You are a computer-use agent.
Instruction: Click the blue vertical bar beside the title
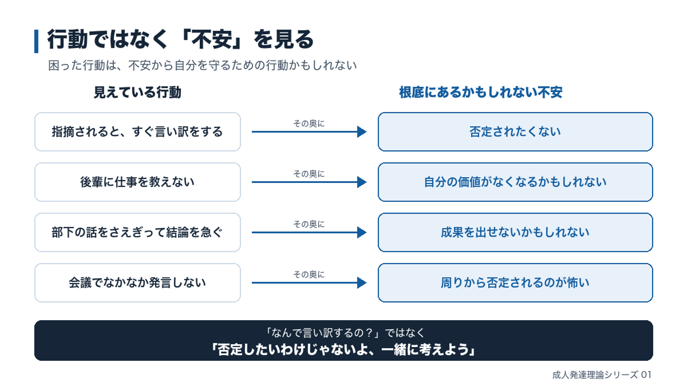click(36, 41)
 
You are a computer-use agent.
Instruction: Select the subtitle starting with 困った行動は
click(202, 65)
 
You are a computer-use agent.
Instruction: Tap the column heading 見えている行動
click(137, 92)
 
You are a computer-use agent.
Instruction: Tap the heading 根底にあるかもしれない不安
click(480, 92)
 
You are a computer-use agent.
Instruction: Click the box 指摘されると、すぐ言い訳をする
click(137, 132)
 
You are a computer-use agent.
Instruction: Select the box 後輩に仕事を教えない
click(137, 182)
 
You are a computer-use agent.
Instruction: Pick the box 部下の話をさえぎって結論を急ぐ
click(137, 232)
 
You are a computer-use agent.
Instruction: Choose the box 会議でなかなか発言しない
click(137, 283)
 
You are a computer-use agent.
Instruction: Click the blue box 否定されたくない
click(515, 132)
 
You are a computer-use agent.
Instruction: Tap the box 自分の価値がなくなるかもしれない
click(515, 182)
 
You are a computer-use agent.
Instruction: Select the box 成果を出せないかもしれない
click(515, 232)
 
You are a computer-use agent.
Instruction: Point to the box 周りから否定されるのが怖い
click(515, 283)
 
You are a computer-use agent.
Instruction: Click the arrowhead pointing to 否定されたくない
click(362, 132)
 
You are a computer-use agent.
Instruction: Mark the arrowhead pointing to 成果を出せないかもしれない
click(362, 232)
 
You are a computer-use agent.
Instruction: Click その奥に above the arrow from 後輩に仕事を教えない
click(309, 173)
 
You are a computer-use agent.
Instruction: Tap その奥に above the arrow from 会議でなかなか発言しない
click(309, 274)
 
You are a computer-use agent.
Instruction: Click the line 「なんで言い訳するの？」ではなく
click(344, 333)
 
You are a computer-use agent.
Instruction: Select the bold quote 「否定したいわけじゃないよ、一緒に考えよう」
click(343, 350)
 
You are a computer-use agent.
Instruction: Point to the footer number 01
click(646, 375)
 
